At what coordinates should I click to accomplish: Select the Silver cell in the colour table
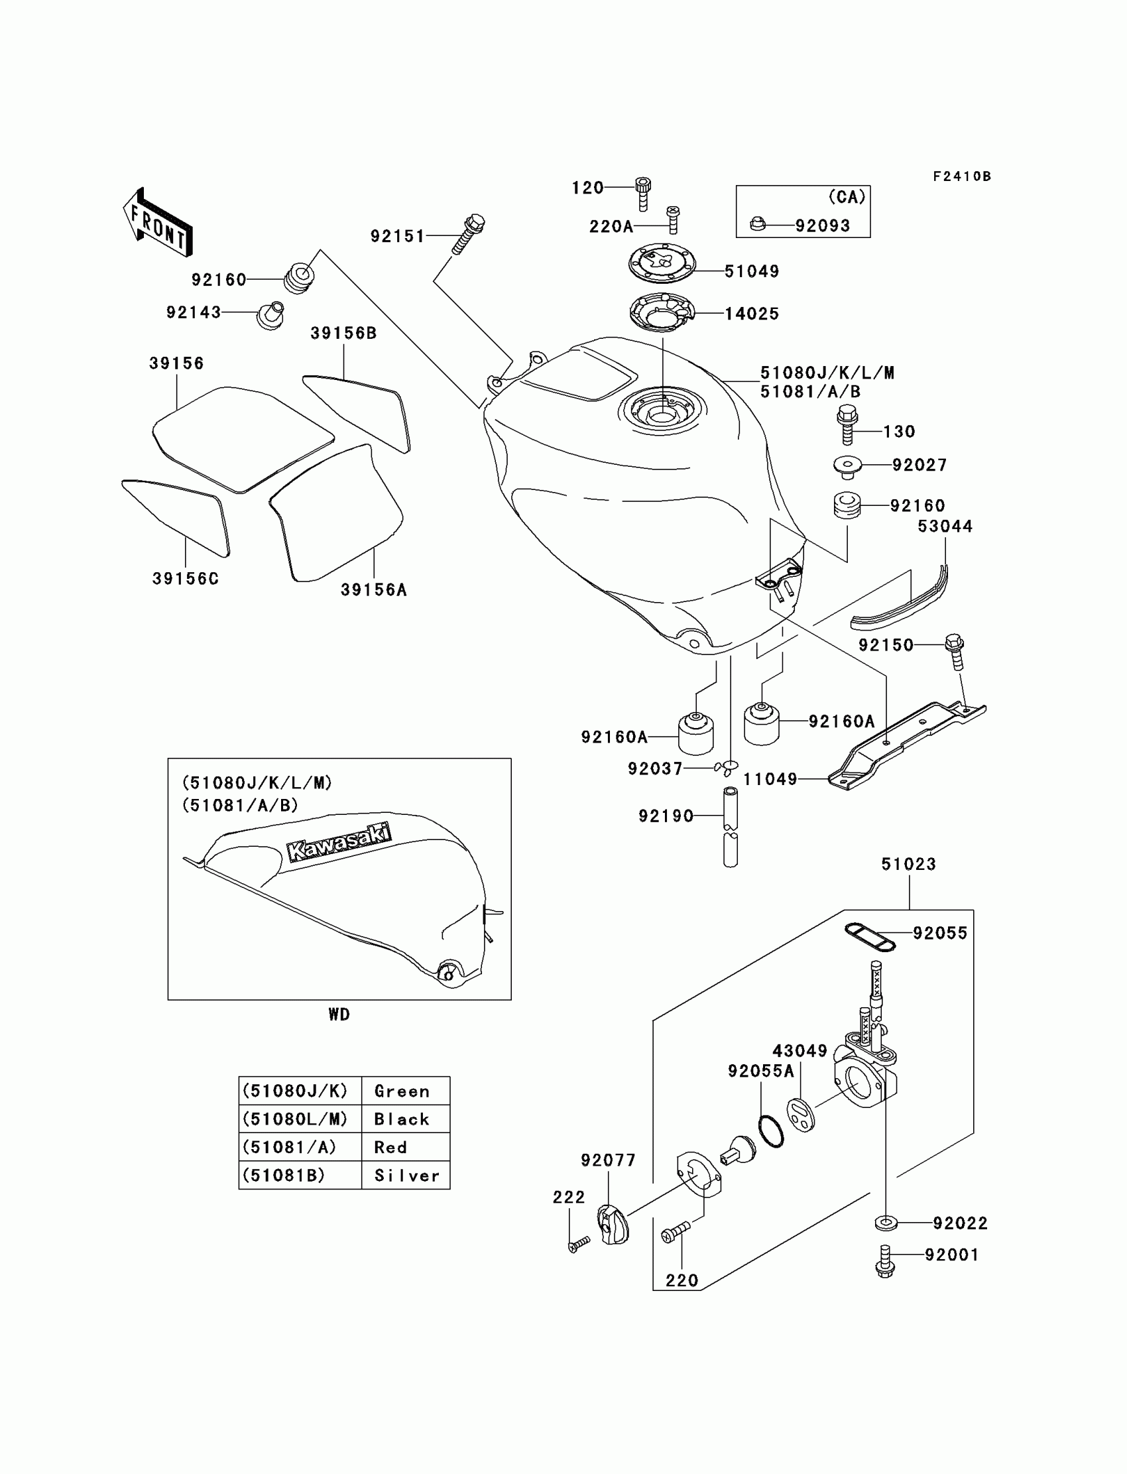[x=406, y=1176]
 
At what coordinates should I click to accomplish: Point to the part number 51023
[x=908, y=864]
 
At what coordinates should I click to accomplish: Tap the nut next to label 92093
[x=757, y=223]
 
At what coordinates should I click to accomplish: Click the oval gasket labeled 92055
[x=869, y=937]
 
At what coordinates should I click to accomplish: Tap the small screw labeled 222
[x=577, y=1245]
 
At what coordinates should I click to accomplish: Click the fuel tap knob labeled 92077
[x=613, y=1225]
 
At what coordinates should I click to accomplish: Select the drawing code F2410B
[x=961, y=176]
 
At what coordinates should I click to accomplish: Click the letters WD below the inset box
[x=339, y=1014]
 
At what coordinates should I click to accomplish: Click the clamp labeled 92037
[x=726, y=767]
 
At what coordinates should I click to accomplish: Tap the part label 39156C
[x=185, y=578]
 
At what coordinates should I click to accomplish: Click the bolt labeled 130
[x=847, y=424]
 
